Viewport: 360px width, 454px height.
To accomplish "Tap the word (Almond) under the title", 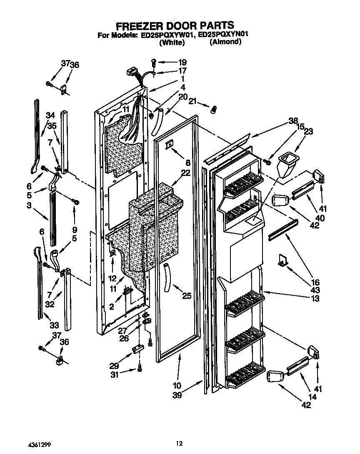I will tap(225, 42).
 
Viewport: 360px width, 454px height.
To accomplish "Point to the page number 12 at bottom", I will tap(179, 444).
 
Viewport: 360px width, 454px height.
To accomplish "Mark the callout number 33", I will tap(54, 325).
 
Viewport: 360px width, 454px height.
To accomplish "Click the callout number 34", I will tap(50, 115).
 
